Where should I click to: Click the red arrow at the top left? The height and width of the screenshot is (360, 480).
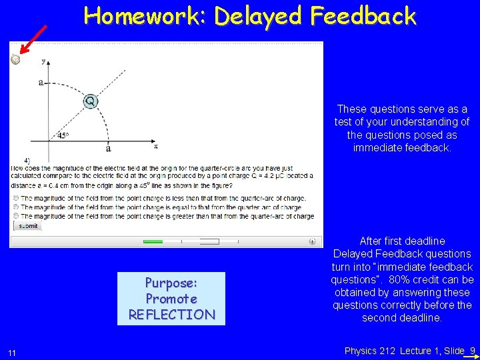(33, 39)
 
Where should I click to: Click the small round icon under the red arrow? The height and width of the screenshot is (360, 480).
(15, 59)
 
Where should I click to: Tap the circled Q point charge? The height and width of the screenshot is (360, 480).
(90, 101)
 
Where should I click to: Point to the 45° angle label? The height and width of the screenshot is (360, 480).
(63, 135)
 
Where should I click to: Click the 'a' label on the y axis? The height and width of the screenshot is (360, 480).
(41, 83)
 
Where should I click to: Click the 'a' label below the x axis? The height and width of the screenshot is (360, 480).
(108, 149)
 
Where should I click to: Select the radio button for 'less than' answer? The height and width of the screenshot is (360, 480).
(15, 198)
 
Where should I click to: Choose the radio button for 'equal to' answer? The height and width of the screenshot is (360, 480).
(15, 207)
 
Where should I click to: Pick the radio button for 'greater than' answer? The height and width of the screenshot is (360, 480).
(15, 215)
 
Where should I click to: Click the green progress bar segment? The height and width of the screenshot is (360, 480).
(153, 241)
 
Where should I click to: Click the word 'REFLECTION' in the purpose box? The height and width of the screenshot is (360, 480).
(171, 314)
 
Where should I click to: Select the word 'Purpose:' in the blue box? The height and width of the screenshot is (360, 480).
(171, 282)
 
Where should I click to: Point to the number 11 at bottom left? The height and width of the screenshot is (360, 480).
(13, 352)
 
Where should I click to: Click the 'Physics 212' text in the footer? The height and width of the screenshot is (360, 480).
(371, 350)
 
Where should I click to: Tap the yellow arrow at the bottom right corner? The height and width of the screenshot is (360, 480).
(472, 356)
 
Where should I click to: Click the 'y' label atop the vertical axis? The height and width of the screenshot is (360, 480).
(43, 61)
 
